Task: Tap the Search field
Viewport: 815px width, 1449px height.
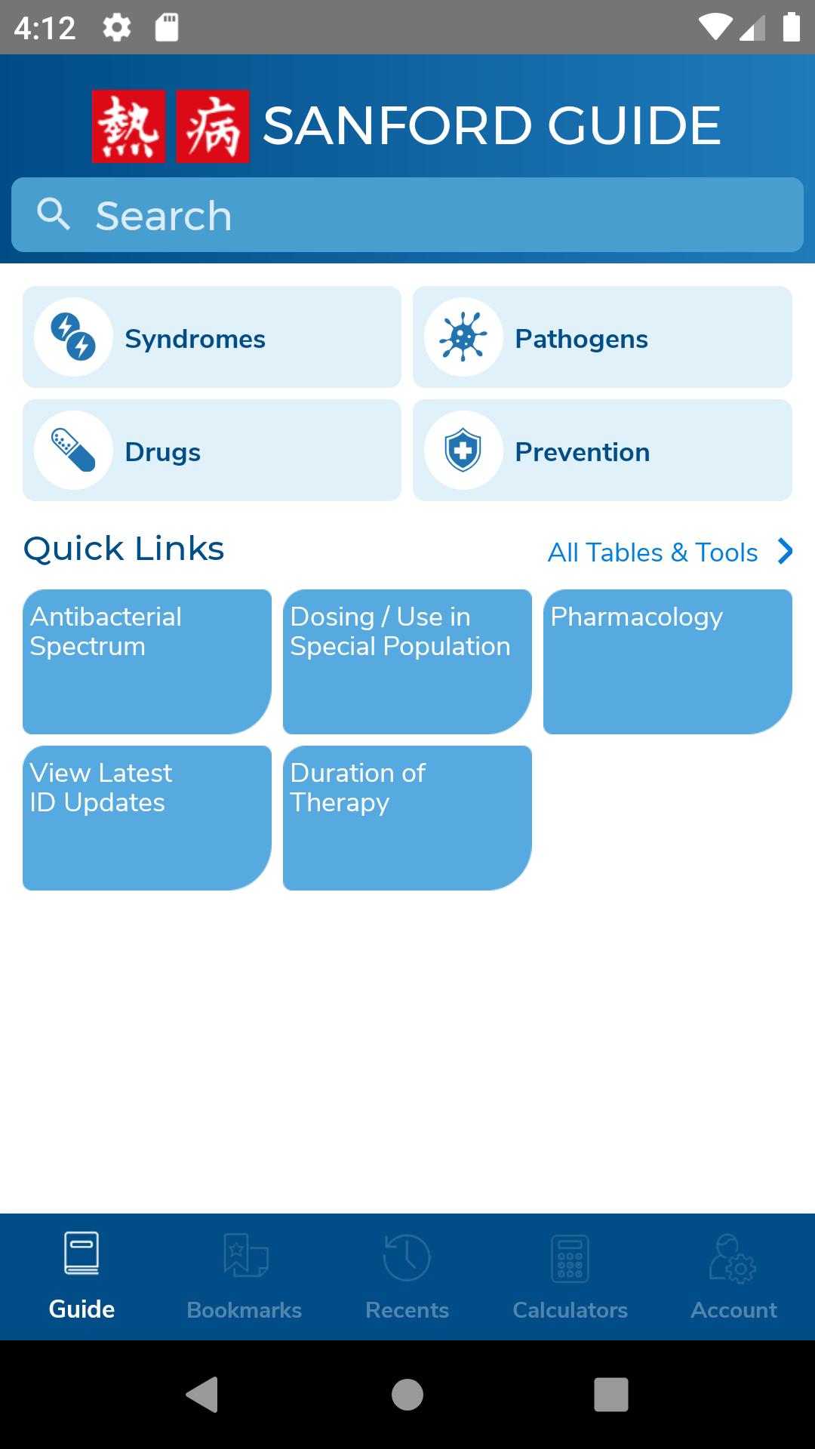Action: click(x=407, y=215)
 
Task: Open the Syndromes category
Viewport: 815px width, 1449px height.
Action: click(x=212, y=337)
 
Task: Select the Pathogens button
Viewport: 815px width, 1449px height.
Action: click(x=602, y=337)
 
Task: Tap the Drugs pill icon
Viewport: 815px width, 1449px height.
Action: click(x=73, y=451)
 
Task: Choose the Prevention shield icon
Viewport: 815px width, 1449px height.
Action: click(x=463, y=451)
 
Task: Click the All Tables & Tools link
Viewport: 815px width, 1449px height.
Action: click(x=670, y=552)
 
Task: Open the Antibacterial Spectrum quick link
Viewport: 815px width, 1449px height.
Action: click(x=147, y=662)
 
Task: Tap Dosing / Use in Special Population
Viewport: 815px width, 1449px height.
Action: click(x=407, y=662)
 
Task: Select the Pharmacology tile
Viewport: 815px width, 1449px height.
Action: click(x=668, y=662)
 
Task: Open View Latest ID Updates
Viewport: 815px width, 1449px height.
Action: click(x=147, y=818)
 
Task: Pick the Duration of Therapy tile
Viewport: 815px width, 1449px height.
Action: click(x=407, y=818)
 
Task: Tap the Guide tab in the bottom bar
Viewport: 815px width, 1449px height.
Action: click(x=81, y=1277)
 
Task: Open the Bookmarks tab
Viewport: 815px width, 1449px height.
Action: click(x=244, y=1277)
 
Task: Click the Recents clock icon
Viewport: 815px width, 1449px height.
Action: click(x=407, y=1257)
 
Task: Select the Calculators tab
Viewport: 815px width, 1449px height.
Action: click(x=570, y=1277)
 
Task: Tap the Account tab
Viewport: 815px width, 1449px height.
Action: click(x=733, y=1277)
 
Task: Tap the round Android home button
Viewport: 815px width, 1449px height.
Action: click(x=407, y=1395)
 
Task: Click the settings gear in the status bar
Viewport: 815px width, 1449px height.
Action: click(x=117, y=28)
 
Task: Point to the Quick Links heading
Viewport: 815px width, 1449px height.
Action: click(x=124, y=549)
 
